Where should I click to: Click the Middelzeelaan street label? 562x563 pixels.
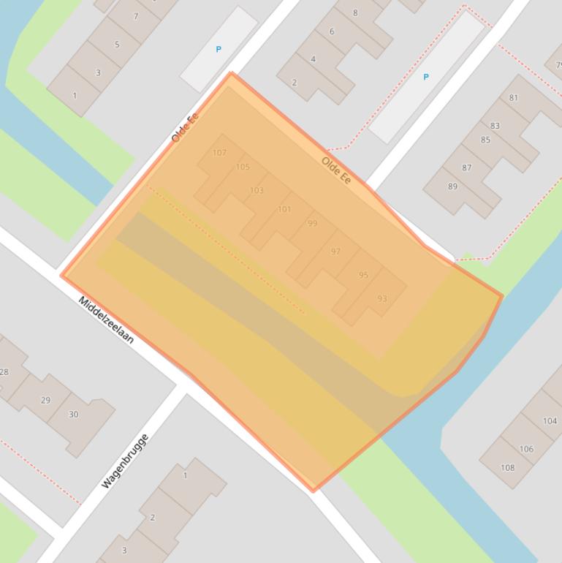[106, 320]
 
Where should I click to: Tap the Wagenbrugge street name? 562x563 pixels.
[125, 461]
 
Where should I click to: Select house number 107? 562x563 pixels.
[219, 153]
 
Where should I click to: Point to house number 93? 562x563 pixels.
[382, 298]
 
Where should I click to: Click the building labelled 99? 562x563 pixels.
[312, 224]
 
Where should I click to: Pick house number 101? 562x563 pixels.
[284, 209]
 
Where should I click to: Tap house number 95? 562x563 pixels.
[363, 275]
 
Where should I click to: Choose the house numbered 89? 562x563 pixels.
[452, 186]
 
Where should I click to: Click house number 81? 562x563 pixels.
[514, 98]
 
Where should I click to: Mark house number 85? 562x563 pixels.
[485, 140]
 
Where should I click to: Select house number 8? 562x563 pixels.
[355, 12]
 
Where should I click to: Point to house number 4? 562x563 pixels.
[314, 59]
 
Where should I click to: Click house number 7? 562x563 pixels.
[135, 16]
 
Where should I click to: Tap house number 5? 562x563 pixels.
[116, 45]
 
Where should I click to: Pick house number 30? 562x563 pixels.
[73, 415]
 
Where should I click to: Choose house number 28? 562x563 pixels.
[4, 372]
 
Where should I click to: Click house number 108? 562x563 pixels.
[507, 467]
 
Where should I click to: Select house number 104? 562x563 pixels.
[550, 421]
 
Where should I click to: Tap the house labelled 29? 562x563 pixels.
[45, 400]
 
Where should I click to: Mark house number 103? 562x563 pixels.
[257, 190]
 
